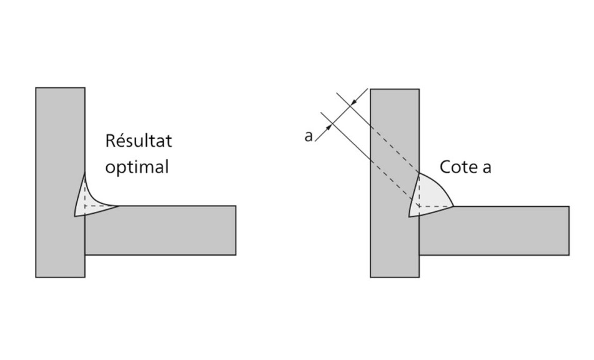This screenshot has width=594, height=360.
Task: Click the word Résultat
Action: pyautogui.click(x=139, y=141)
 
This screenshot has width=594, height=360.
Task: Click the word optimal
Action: pyautogui.click(x=137, y=168)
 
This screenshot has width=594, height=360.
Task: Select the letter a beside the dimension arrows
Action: pyautogui.click(x=309, y=136)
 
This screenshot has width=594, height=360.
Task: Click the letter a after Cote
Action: pyautogui.click(x=487, y=167)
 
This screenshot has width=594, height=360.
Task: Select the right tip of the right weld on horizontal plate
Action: pyautogui.click(x=454, y=206)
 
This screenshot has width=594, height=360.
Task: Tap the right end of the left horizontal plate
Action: pyautogui.click(x=235, y=230)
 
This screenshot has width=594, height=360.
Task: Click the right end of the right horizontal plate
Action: pyautogui.click(x=568, y=230)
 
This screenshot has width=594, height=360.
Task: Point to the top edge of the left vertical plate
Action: pyautogui.click(x=60, y=88)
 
